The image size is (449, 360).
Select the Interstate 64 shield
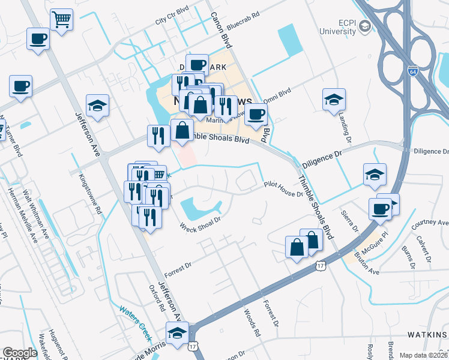tap(412, 71)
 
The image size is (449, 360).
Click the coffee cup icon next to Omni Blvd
tap(256, 113)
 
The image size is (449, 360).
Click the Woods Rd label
tap(252, 323)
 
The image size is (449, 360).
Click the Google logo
tap(20, 353)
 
